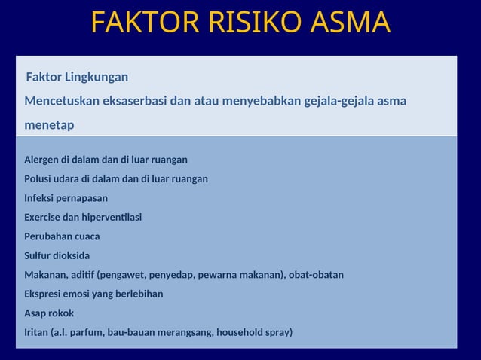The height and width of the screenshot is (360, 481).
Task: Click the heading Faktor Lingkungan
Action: click(x=77, y=78)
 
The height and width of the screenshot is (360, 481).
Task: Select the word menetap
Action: click(x=49, y=125)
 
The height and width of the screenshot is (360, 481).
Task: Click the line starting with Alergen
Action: click(x=106, y=160)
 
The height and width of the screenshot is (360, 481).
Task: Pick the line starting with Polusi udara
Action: click(x=116, y=179)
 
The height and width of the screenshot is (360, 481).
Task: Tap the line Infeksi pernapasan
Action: click(x=66, y=198)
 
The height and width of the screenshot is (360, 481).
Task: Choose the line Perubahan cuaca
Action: click(x=62, y=236)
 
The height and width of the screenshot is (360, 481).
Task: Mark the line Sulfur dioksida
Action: click(x=57, y=255)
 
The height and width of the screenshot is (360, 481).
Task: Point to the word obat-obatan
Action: click(x=317, y=275)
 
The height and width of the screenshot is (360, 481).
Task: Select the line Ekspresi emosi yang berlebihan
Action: click(x=93, y=294)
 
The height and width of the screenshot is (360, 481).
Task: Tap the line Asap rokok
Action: click(x=49, y=313)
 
